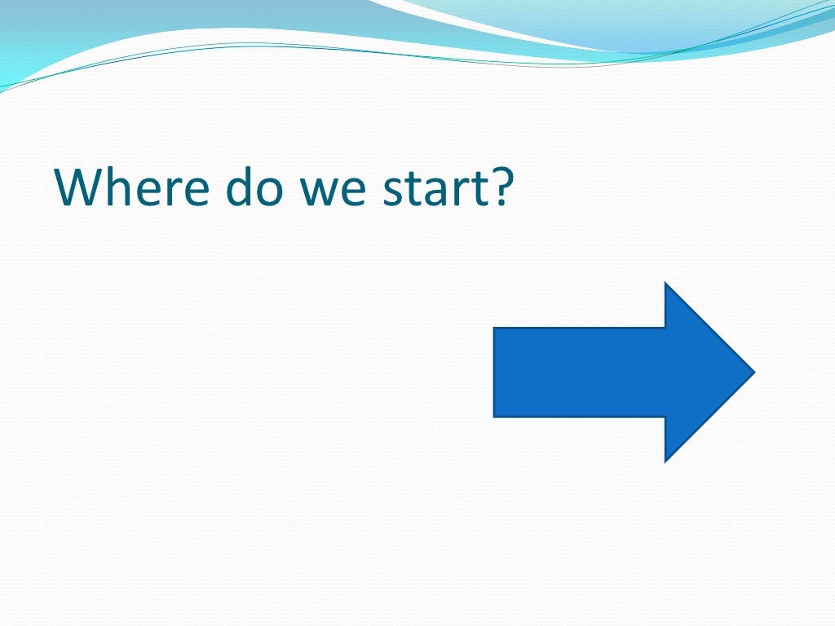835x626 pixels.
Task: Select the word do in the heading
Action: click(245, 187)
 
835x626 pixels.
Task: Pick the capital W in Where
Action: click(81, 187)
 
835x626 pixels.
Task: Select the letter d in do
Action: click(230, 187)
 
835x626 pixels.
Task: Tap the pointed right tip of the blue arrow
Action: click(754, 373)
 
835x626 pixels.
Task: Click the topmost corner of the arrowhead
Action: click(666, 283)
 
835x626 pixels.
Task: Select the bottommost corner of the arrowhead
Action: click(666, 461)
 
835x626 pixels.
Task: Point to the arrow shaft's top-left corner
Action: click(494, 328)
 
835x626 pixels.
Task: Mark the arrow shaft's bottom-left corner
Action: click(494, 417)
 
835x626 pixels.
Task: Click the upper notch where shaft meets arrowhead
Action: click(665, 328)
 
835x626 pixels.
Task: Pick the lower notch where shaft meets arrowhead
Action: click(665, 417)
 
